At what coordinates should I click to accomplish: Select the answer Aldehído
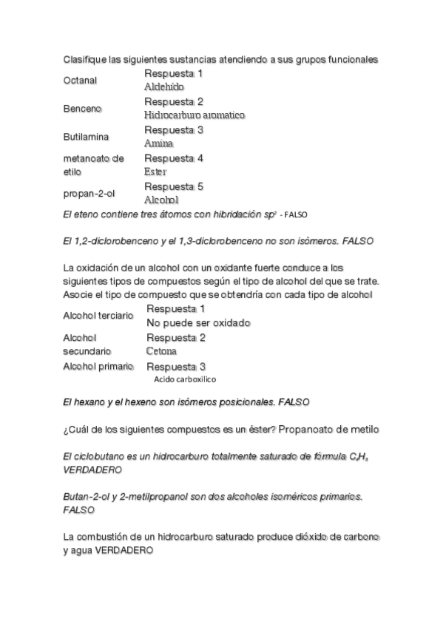click(163, 87)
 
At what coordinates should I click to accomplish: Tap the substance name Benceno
click(82, 109)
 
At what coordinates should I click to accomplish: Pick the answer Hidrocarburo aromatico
click(195, 115)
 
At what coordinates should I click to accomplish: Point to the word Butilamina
click(86, 138)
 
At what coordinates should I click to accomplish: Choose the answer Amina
click(158, 143)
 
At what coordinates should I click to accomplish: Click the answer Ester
click(156, 172)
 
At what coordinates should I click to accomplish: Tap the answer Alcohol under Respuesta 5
click(162, 200)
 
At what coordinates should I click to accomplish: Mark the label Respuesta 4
click(174, 158)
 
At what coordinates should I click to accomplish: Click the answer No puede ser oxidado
click(198, 323)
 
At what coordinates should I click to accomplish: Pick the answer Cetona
click(161, 351)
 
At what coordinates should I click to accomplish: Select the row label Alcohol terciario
click(98, 316)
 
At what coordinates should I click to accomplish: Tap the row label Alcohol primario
click(98, 366)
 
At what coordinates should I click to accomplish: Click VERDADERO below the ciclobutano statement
click(92, 470)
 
